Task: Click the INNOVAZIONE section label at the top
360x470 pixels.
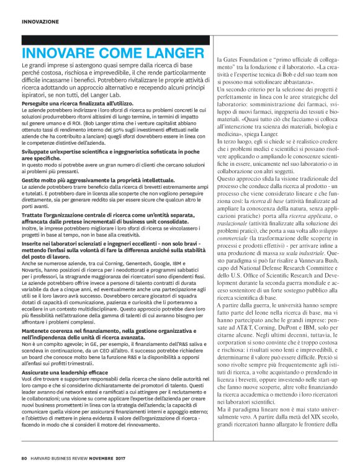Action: click(x=40, y=21)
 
